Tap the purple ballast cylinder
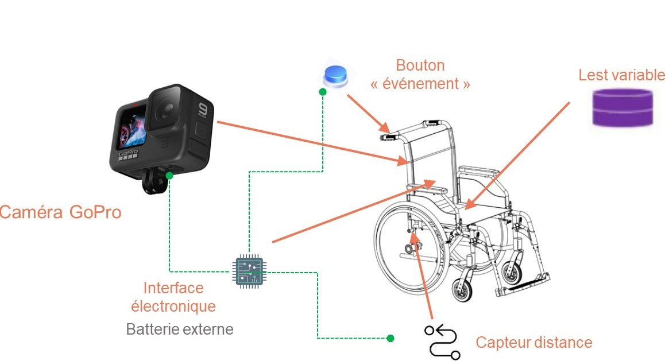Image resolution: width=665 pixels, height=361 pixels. pos(623,107)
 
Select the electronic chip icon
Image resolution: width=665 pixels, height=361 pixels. pos(249,270)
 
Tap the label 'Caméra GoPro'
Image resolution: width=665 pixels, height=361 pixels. pos(60,212)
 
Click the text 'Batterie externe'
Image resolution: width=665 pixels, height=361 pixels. pos(180,329)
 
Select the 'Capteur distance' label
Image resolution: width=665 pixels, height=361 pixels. pos(533,343)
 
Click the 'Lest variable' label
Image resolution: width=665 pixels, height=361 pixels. pos(621,75)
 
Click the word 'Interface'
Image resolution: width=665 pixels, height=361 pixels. pos(173,288)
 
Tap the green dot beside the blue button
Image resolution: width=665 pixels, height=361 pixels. pos(323,91)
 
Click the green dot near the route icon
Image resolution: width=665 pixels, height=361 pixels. pos(391,338)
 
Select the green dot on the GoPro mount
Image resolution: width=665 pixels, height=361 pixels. pos(169,174)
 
